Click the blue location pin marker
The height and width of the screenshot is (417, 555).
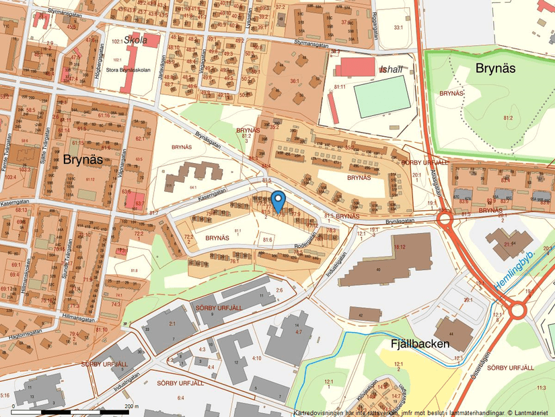pyautogui.click(x=279, y=200)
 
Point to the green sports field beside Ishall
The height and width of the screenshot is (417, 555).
pyautogui.click(x=382, y=96)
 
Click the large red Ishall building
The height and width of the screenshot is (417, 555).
pyautogui.click(x=355, y=67)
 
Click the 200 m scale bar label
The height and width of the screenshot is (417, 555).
pyautogui.click(x=131, y=406)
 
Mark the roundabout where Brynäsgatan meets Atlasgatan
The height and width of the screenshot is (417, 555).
pyautogui.click(x=445, y=220)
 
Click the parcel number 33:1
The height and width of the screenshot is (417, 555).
pyautogui.click(x=398, y=27)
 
